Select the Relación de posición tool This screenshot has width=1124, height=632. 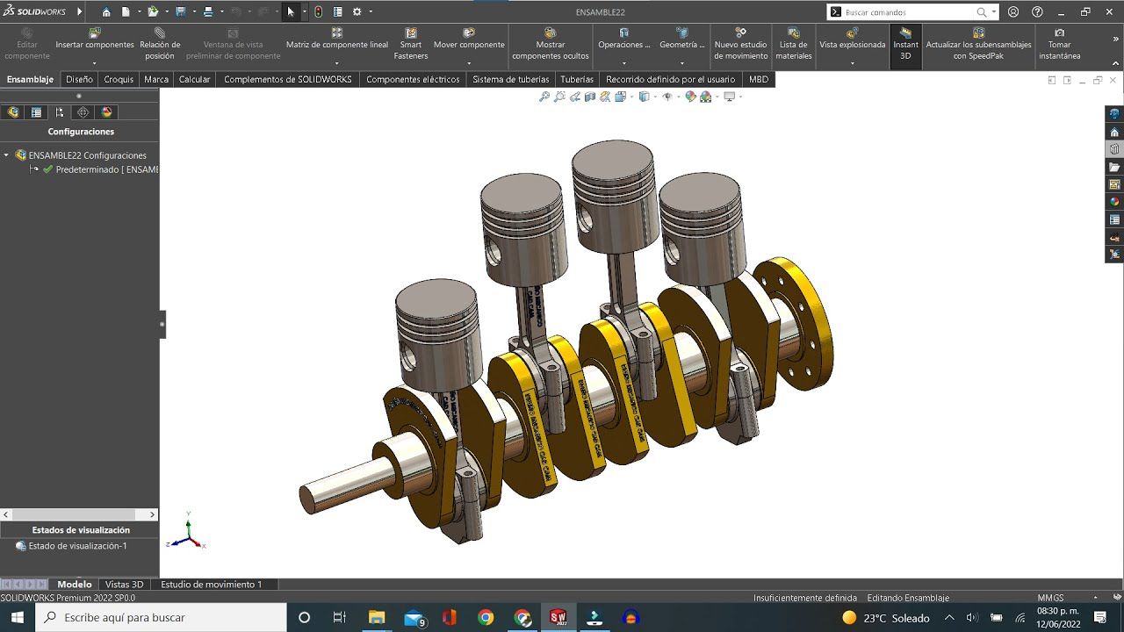(x=160, y=44)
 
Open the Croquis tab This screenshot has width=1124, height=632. (x=119, y=79)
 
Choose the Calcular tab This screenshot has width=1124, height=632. (x=194, y=79)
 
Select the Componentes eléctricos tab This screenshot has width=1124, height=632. (x=413, y=79)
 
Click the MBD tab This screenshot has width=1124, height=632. (x=758, y=79)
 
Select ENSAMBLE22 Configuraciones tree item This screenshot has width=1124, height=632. (x=87, y=155)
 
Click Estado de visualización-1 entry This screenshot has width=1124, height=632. (x=77, y=546)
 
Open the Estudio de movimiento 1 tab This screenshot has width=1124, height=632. (x=211, y=585)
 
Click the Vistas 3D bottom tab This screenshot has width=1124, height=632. (x=124, y=585)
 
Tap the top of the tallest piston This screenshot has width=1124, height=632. (x=613, y=158)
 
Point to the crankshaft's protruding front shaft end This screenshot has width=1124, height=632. (x=308, y=499)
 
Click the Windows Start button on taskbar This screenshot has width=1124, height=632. (x=17, y=618)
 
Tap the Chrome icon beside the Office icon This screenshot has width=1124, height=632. (x=486, y=618)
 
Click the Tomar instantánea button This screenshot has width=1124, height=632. (x=1059, y=44)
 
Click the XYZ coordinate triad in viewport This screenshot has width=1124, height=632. (x=189, y=533)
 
